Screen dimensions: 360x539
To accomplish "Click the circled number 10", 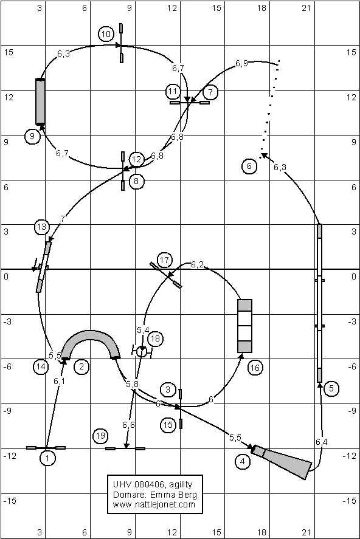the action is pyautogui.click(x=106, y=34).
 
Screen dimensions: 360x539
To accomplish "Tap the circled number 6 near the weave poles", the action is pyautogui.click(x=249, y=167).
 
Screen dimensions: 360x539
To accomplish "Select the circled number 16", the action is pyautogui.click(x=254, y=368).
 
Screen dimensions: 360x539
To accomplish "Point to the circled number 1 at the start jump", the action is pyautogui.click(x=47, y=458).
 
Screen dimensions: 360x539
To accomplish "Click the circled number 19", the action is pyautogui.click(x=100, y=436).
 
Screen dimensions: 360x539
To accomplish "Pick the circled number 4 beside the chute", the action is pyautogui.click(x=243, y=461).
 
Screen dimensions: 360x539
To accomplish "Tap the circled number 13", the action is pyautogui.click(x=41, y=227).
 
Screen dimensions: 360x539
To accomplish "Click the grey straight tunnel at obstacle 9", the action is pyautogui.click(x=40, y=101).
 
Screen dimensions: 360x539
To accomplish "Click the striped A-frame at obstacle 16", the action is pyautogui.click(x=245, y=326).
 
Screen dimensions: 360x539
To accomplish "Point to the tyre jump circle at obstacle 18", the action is pyautogui.click(x=142, y=352).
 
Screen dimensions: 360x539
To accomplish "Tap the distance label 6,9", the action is pyautogui.click(x=241, y=64).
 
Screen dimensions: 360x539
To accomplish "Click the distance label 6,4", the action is pyautogui.click(x=322, y=442).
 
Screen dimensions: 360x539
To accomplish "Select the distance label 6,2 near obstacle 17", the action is pyautogui.click(x=197, y=265).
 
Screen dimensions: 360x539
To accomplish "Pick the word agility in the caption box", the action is pyautogui.click(x=181, y=485).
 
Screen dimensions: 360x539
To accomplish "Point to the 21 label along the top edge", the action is pyautogui.click(x=306, y=8).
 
